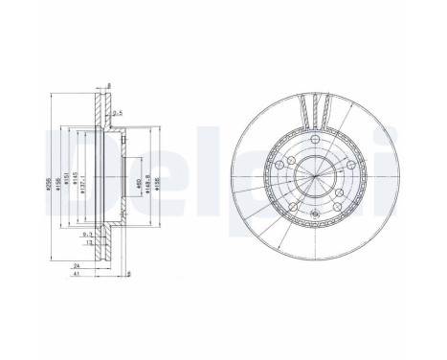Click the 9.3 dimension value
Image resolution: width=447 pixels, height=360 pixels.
(x=88, y=234)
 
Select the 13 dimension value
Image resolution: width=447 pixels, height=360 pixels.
(x=90, y=242)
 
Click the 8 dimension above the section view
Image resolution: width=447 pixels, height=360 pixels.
(x=109, y=86)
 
